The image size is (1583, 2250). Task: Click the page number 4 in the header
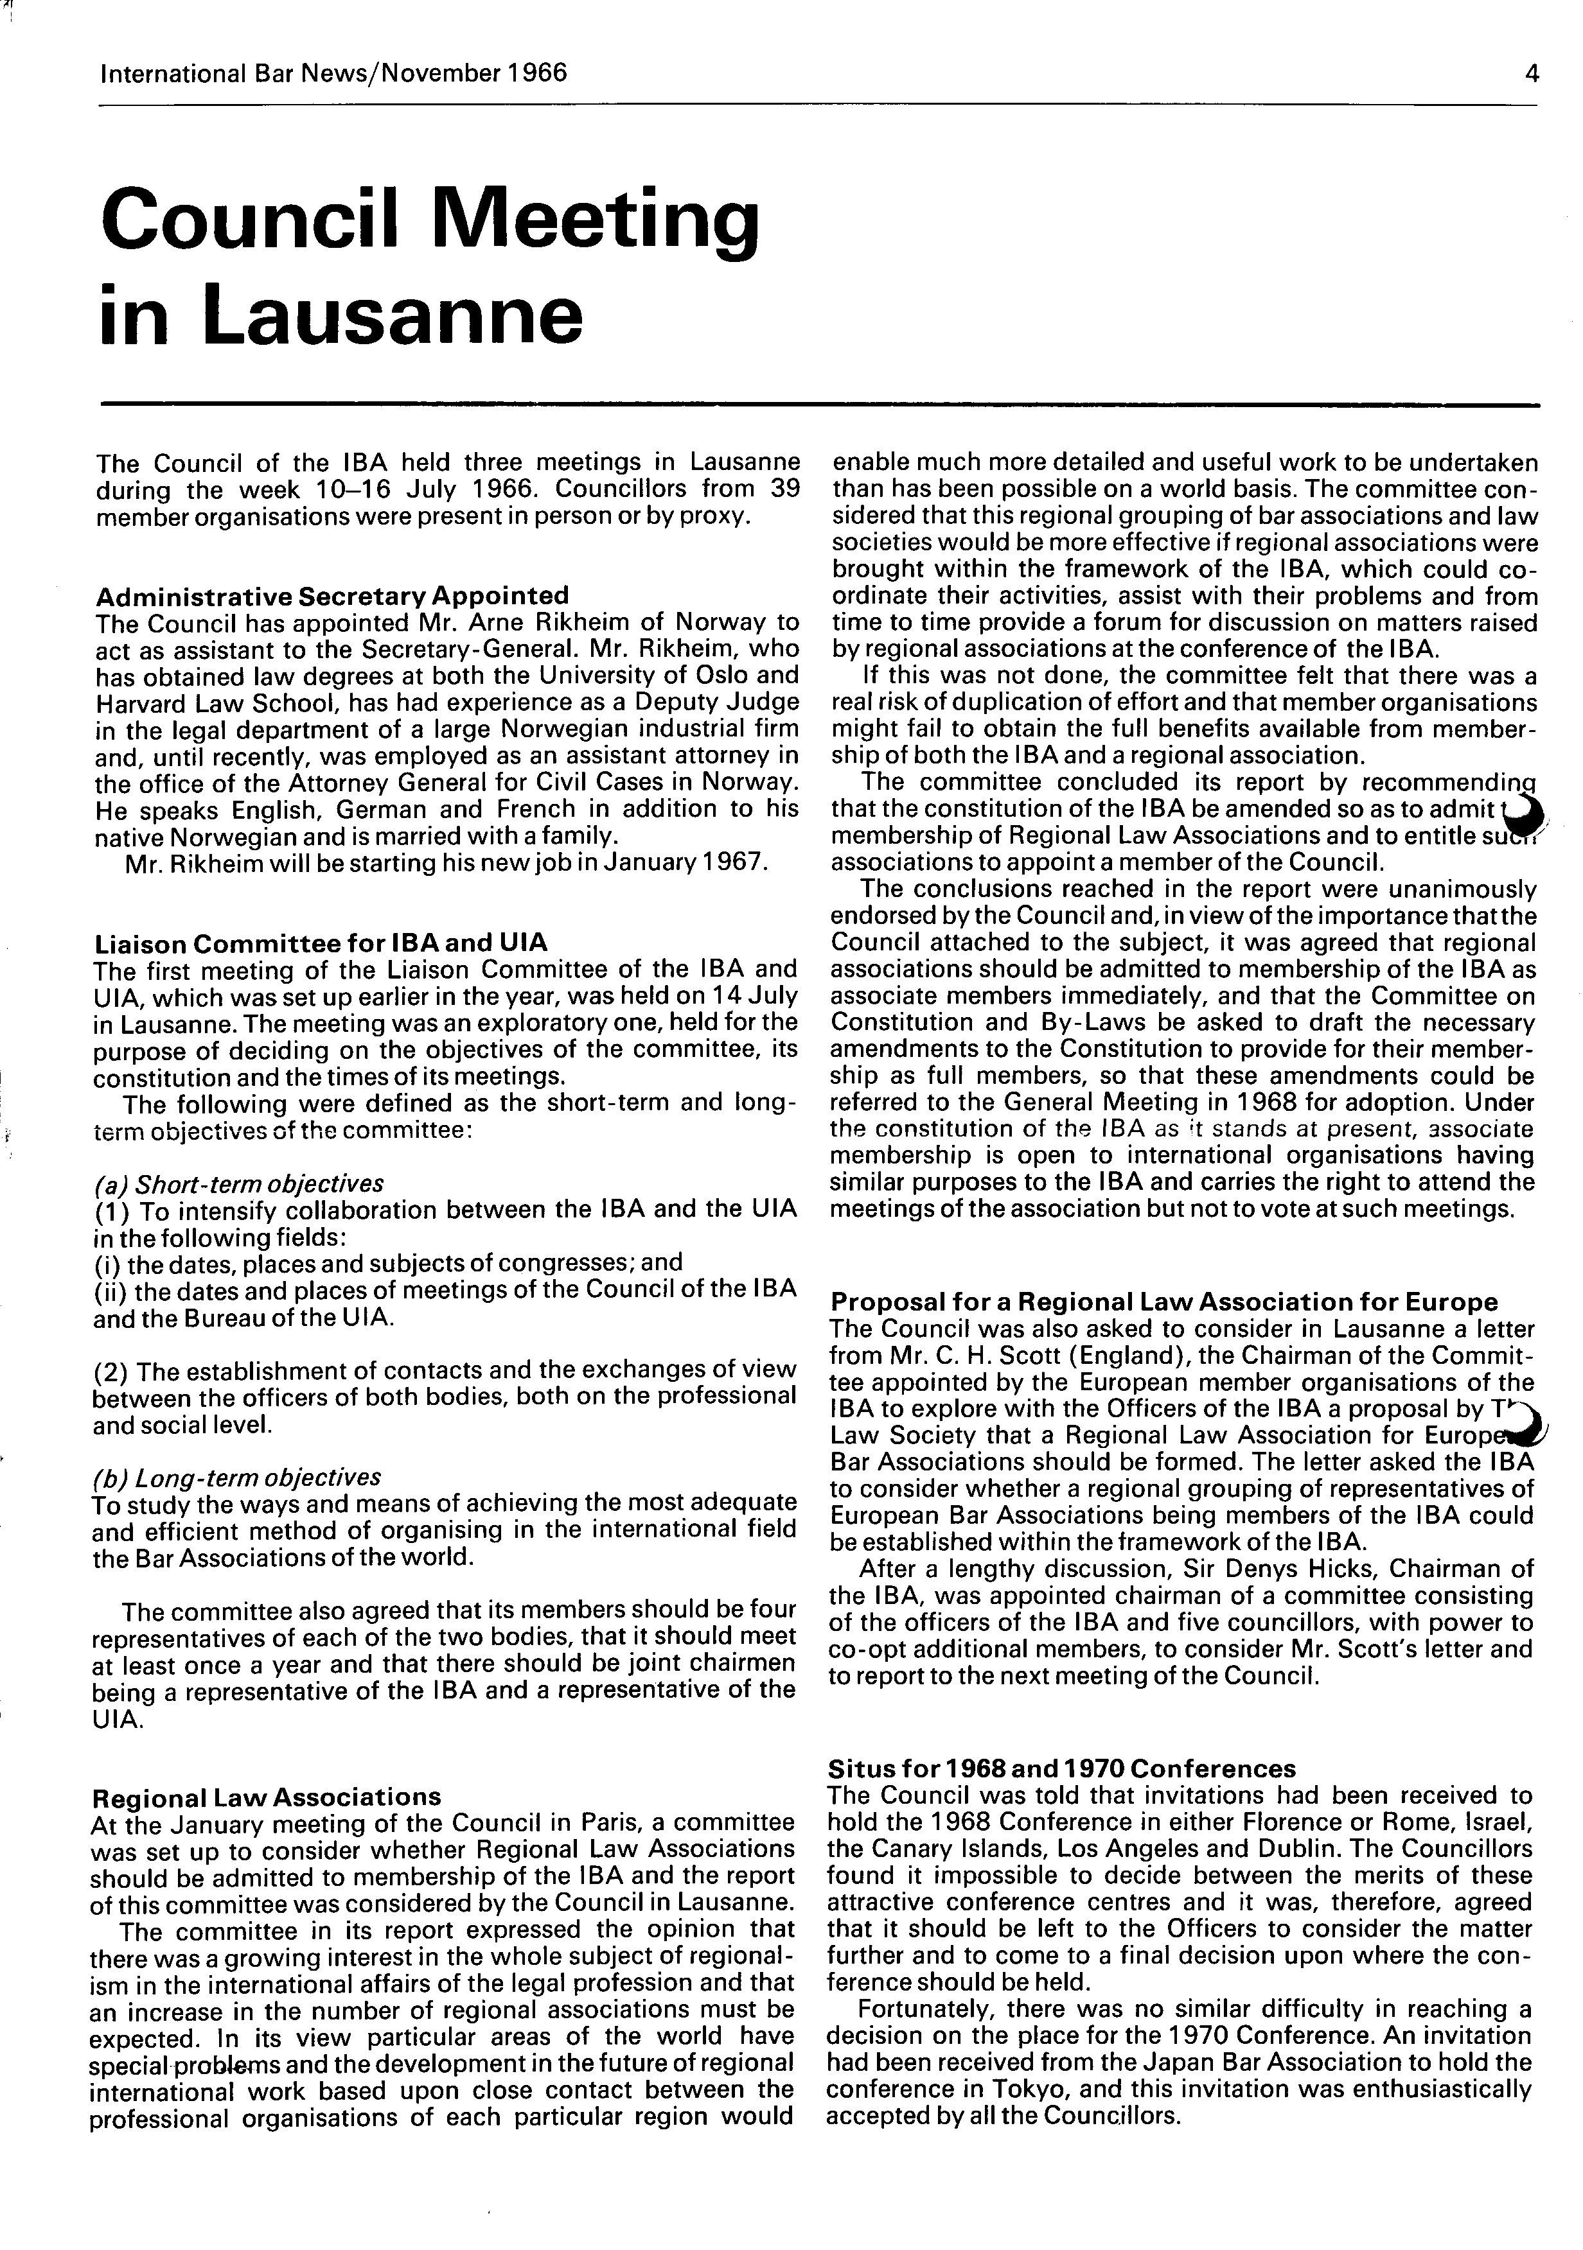1531,73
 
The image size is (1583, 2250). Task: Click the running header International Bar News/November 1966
333,73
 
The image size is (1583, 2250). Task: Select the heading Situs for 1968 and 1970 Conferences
1061,1768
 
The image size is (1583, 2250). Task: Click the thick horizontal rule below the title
819,405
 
